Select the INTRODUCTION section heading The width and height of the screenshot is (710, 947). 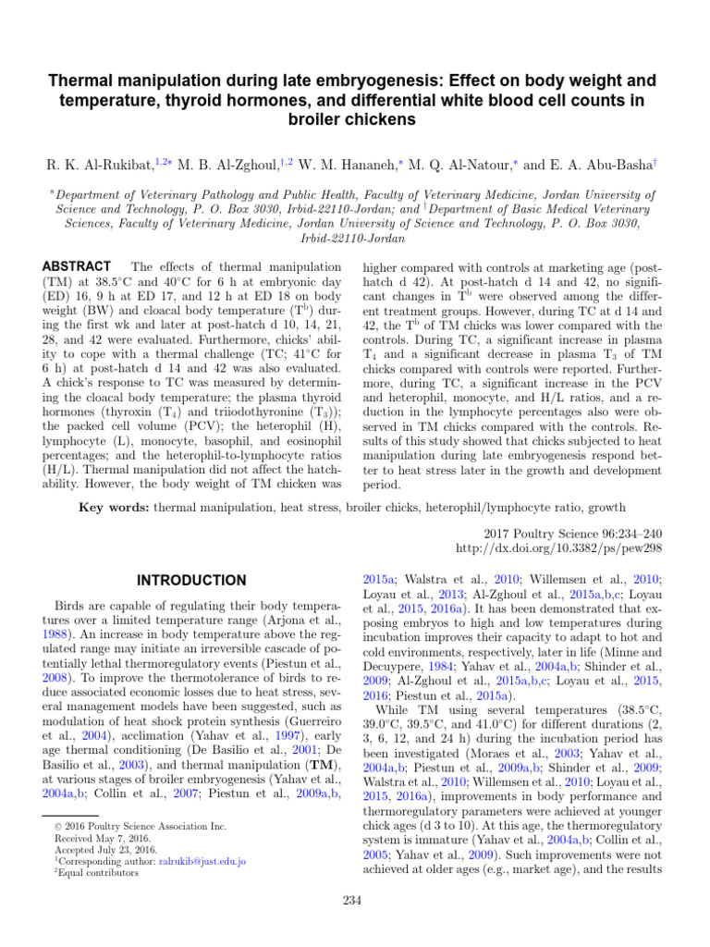point(192,581)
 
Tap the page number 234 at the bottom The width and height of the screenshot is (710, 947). point(355,900)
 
